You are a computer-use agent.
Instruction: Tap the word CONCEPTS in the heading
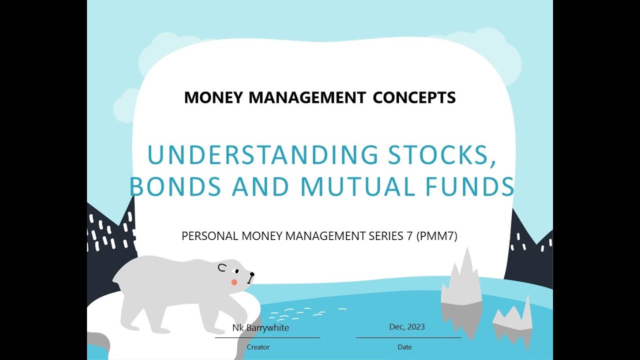click(414, 97)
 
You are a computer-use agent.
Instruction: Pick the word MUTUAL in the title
click(357, 186)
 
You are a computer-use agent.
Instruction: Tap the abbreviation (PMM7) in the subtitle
click(436, 236)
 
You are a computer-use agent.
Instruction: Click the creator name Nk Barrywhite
click(260, 328)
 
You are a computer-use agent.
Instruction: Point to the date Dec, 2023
click(407, 327)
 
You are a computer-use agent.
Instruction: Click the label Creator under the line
click(258, 347)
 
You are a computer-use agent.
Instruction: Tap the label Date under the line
click(405, 347)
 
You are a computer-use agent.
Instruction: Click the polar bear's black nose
click(251, 274)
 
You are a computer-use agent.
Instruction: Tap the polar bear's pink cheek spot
click(234, 282)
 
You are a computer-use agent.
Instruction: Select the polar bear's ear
click(221, 268)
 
